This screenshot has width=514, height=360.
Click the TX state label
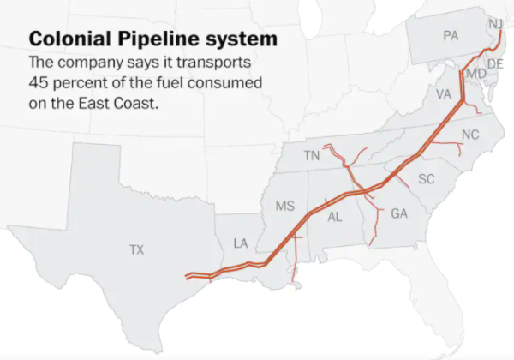pos(137,250)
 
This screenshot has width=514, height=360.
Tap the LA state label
pos(241,244)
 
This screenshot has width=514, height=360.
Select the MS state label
pos(285,207)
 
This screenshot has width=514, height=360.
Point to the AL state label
pos(335,218)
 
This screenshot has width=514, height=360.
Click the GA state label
pos(399,213)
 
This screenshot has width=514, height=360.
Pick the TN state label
pos(312,156)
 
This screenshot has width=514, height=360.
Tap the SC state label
pos(427,178)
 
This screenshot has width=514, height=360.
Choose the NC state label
pos(470,135)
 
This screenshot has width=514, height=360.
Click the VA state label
pos(444,93)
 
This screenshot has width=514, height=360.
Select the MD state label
pos(476,75)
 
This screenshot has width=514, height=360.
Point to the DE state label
pos(495,63)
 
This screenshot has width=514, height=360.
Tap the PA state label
pos(451,35)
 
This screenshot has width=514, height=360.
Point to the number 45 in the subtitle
pos(39,83)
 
